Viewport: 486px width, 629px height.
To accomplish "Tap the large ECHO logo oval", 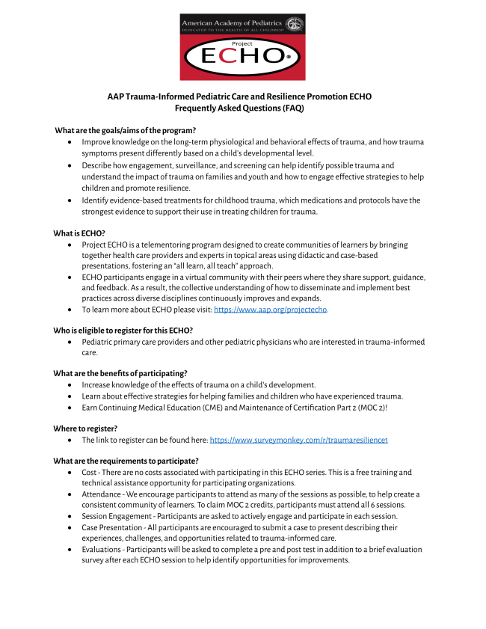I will tap(242, 57).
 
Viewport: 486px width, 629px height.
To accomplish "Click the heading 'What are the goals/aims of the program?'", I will tap(125, 130).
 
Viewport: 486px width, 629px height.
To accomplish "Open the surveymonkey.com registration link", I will tap(298, 441).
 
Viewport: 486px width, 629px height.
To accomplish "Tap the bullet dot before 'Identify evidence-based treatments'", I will tap(70, 200).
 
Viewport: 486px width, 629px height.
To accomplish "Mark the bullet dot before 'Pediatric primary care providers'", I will tap(70, 342).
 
